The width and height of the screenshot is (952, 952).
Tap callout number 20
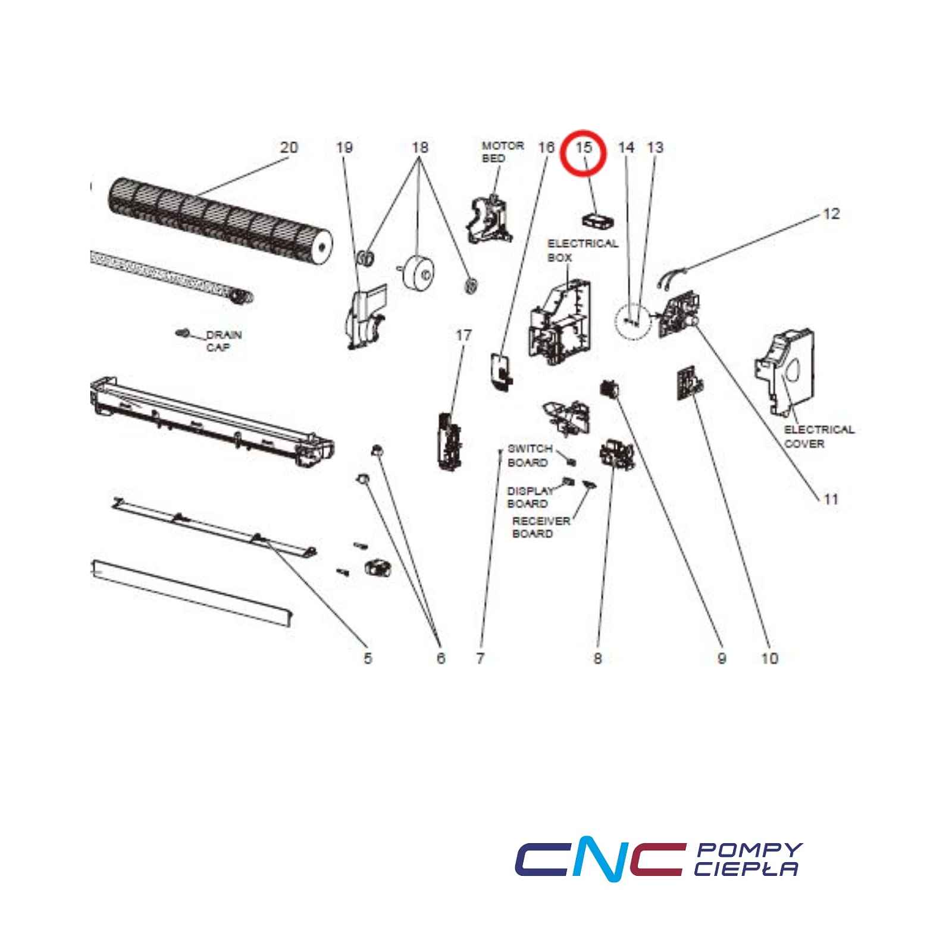tap(289, 147)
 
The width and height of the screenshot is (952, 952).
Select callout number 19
tap(345, 147)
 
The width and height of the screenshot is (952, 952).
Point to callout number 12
tap(831, 214)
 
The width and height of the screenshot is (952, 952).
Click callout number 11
tap(831, 499)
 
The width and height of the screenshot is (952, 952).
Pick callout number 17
tap(464, 336)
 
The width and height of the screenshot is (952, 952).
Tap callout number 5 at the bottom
tap(368, 657)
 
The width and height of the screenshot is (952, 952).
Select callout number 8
tap(597, 657)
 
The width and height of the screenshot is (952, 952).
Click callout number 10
tap(769, 657)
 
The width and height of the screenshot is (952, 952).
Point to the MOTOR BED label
tap(503, 152)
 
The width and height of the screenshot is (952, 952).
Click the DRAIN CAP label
tap(224, 341)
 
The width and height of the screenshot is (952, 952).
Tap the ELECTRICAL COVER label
tap(819, 436)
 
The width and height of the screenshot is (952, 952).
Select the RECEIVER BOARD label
tap(541, 527)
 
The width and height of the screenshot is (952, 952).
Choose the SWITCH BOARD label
tap(530, 455)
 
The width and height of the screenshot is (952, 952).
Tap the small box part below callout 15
tap(598, 220)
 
